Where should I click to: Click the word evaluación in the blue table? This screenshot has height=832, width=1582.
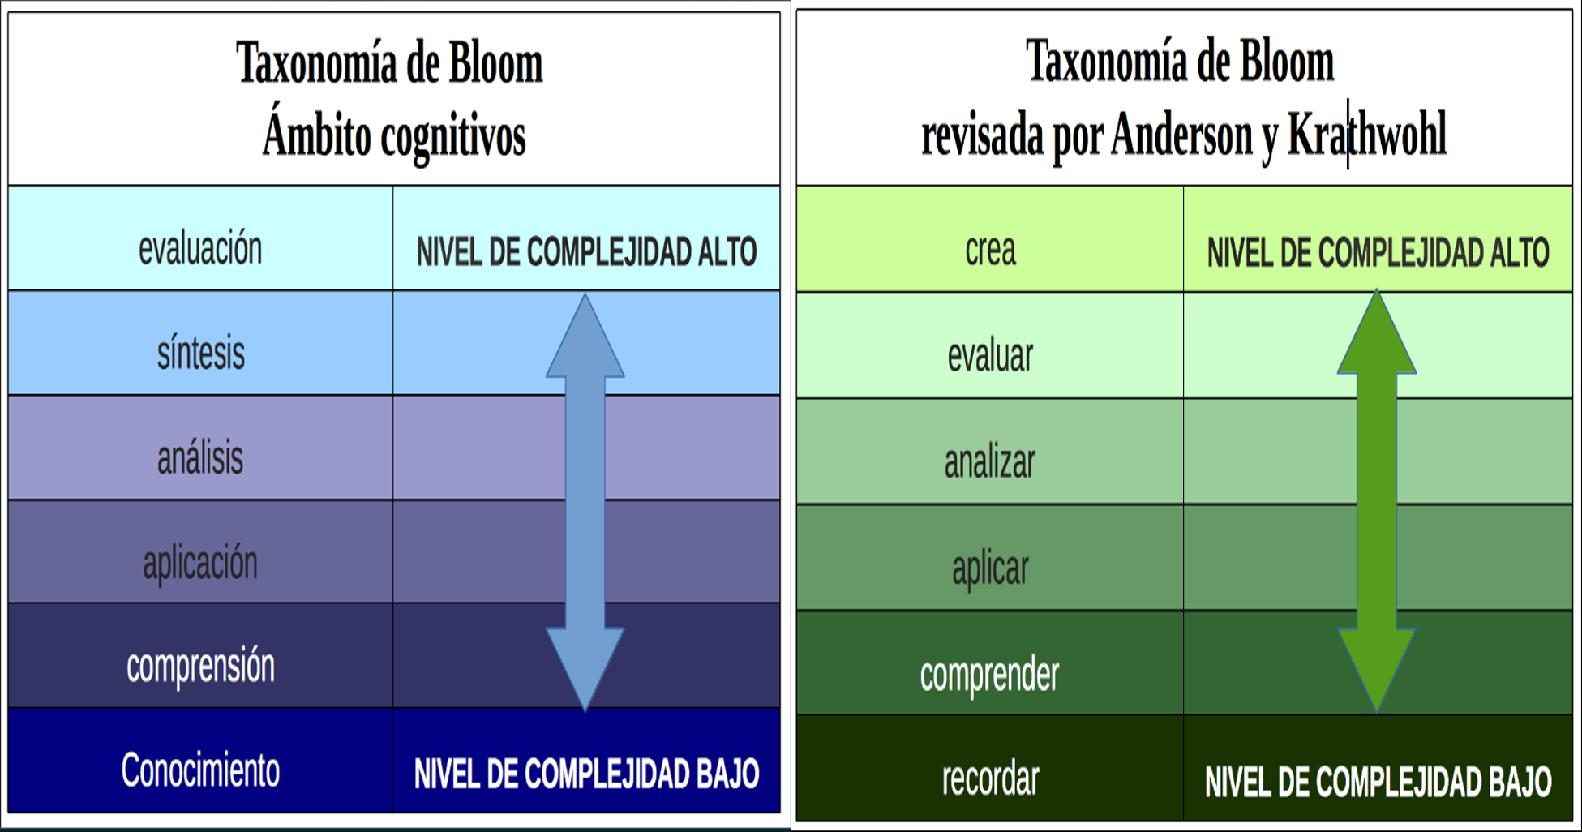[200, 249]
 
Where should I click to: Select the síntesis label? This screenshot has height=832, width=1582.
[200, 354]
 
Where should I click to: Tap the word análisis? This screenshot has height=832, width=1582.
[200, 458]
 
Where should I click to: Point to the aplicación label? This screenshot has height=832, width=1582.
[200, 563]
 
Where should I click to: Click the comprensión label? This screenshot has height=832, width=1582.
[200, 667]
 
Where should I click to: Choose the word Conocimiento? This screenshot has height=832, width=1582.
[200, 770]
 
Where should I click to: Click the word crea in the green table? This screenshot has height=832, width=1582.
[990, 250]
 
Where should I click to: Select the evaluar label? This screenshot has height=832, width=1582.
[990, 356]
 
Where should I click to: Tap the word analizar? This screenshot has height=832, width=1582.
[990, 462]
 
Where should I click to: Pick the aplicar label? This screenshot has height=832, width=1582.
[990, 568]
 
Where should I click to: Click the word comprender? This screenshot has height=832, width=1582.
[989, 675]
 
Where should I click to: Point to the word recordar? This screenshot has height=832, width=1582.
[990, 779]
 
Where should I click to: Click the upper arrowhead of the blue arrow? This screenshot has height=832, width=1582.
[585, 341]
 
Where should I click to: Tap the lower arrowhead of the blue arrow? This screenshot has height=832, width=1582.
[585, 665]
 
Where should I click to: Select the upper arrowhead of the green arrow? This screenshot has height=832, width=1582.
[1376, 337]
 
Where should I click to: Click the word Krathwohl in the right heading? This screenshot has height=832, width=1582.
[1366, 135]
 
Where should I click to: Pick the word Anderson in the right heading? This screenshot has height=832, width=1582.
[1181, 135]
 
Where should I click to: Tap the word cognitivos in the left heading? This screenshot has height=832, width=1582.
[453, 136]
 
